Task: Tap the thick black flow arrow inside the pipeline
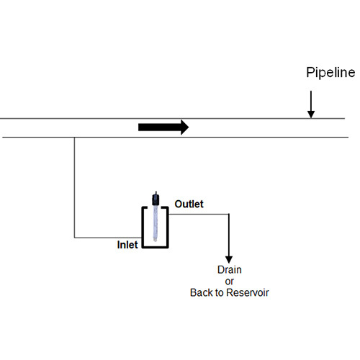coord(163,127)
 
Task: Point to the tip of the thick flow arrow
coord(188,127)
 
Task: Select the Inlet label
coord(127,245)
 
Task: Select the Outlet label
coord(189,204)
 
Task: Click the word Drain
coord(230,270)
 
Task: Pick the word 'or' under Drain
coord(230,281)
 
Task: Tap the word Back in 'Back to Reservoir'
coord(202,292)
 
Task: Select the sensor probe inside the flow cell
coord(155,223)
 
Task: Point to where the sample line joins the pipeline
coord(75,137)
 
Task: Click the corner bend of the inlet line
coord(75,237)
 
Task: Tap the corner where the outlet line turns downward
coord(230,214)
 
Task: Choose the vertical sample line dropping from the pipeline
coord(75,187)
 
